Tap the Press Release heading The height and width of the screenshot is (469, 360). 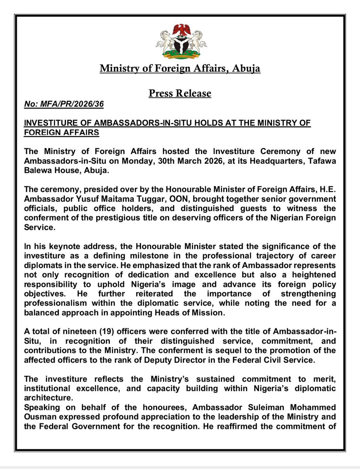pyautogui.click(x=180, y=93)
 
